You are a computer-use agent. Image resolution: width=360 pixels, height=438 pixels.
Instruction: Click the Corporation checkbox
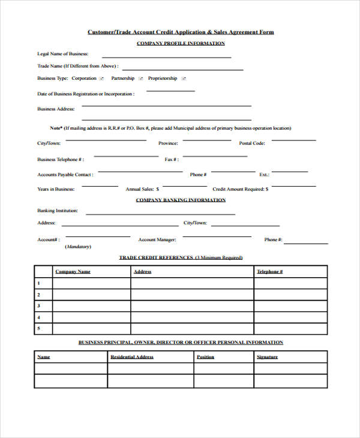coord(101,79)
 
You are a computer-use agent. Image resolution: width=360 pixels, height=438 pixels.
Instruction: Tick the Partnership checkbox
coord(140,79)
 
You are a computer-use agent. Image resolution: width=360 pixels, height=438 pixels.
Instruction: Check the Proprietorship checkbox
coord(184,79)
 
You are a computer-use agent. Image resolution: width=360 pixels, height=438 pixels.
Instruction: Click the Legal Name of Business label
coord(62,54)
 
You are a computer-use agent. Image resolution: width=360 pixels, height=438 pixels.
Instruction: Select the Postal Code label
coord(252,143)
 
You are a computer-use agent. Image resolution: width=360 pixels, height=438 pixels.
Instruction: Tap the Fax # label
coord(171,160)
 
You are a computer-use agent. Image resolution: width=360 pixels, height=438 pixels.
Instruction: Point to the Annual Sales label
coord(139,189)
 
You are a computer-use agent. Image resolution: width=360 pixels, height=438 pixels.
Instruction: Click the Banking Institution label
coord(58,211)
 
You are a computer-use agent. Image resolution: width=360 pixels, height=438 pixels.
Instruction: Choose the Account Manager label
coord(157,240)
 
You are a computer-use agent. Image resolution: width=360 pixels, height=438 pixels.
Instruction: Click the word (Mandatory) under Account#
coord(79,247)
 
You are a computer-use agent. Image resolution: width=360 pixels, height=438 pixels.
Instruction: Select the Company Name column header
coord(73,272)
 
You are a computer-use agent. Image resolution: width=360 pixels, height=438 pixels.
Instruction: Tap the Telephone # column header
coord(269,272)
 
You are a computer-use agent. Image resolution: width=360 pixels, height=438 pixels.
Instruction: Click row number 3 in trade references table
coord(38,306)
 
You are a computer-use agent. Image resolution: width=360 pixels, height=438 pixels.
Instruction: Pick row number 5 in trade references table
coord(38,328)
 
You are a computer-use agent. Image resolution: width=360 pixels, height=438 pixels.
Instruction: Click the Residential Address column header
coord(131,357)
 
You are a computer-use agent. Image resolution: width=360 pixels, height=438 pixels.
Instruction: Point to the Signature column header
coord(267,357)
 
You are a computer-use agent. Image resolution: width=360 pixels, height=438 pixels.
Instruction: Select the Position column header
coord(205,357)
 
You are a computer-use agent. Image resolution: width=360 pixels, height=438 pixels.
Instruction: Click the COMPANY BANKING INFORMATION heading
coord(181,200)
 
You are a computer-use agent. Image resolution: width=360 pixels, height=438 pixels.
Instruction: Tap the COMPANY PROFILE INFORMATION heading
coord(181,43)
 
